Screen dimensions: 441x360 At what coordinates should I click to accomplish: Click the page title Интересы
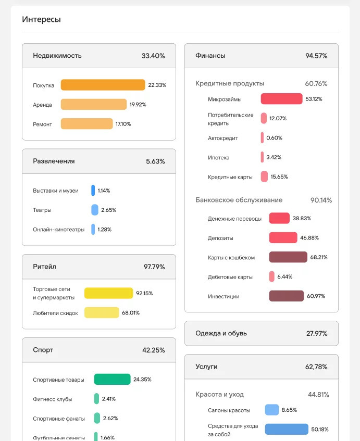[41, 19]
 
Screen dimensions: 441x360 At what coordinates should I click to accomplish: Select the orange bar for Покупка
[103, 85]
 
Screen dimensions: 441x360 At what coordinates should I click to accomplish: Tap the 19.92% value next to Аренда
[138, 105]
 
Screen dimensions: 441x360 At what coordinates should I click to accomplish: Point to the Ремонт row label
[42, 124]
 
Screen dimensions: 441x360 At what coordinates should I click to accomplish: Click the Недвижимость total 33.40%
[153, 56]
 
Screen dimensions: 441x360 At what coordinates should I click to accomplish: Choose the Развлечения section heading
[54, 161]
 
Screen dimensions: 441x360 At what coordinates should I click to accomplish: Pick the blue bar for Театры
[95, 210]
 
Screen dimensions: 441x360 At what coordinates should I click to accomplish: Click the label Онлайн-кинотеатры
[58, 230]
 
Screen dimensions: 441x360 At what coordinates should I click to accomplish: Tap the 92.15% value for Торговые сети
[144, 293]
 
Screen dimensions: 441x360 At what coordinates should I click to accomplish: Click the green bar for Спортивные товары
[112, 380]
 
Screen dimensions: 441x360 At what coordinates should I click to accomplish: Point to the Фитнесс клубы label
[52, 399]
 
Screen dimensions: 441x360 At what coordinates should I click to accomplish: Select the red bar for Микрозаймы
[281, 99]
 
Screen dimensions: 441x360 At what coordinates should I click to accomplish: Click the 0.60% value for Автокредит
[274, 138]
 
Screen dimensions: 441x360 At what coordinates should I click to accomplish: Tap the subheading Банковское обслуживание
[239, 200]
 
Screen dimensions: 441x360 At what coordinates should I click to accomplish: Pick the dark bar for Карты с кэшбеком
[288, 257]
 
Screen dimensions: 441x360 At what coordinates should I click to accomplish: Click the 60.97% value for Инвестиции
[316, 296]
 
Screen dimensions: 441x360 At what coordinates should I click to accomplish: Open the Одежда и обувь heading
[221, 333]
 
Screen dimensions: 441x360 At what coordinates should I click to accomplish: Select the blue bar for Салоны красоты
[271, 410]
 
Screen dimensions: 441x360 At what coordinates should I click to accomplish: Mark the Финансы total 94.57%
[316, 56]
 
